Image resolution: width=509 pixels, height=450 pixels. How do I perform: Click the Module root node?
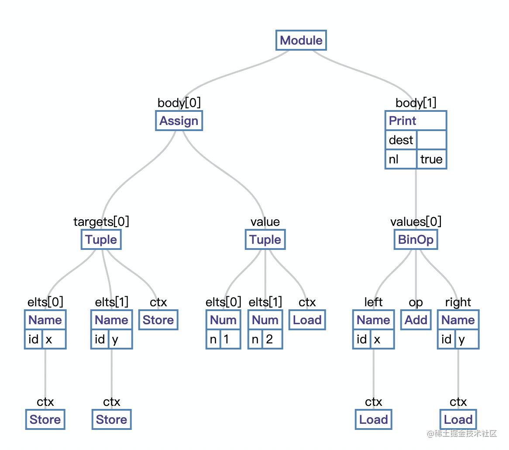tap(301, 41)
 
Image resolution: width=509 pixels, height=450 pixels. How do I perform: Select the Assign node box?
tap(179, 121)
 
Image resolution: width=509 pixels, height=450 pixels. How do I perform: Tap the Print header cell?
tap(415, 121)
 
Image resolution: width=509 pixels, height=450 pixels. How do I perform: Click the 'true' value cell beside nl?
tap(431, 159)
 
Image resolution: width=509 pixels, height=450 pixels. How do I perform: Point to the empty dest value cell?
tap(431, 140)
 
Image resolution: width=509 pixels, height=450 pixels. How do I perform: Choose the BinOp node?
tap(416, 240)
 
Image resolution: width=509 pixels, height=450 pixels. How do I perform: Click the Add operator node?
tap(416, 320)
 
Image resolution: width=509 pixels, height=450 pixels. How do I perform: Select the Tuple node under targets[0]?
tap(101, 240)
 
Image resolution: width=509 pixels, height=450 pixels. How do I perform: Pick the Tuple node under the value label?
tap(265, 240)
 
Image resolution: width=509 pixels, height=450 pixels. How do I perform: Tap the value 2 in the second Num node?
tap(269, 339)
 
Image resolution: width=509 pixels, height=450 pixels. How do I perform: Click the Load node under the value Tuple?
tap(307, 320)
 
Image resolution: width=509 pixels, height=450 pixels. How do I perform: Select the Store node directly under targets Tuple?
tap(158, 320)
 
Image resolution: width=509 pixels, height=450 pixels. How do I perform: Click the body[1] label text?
tap(416, 103)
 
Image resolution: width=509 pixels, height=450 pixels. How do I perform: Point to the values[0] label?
tap(416, 222)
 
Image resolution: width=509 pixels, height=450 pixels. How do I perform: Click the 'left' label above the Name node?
tap(373, 302)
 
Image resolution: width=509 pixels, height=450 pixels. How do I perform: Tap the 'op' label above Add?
tap(416, 302)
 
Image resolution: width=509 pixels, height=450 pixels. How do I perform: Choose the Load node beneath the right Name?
tap(458, 420)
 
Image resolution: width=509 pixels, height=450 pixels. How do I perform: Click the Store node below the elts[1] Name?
tap(111, 420)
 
